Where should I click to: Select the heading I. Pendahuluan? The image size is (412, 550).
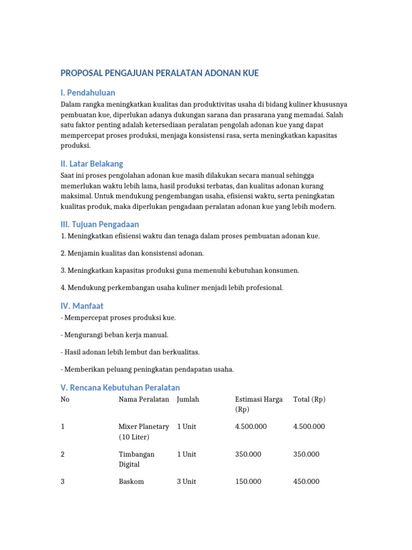click(x=87, y=92)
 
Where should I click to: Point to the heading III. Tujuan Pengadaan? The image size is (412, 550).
click(x=100, y=224)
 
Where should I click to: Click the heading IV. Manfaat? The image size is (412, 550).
click(x=82, y=306)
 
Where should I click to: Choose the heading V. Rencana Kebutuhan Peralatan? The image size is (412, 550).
click(x=120, y=387)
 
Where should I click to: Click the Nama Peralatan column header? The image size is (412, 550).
click(x=144, y=399)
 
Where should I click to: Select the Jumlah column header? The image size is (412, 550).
click(x=188, y=399)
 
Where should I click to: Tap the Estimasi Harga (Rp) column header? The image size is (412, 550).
click(x=259, y=404)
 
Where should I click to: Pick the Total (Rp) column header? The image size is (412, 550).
click(x=310, y=399)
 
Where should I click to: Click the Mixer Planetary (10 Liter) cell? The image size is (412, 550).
click(x=143, y=432)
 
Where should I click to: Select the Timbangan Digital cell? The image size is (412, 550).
click(x=136, y=459)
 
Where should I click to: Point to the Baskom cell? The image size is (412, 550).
click(x=131, y=482)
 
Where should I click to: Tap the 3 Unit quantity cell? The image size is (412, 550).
click(x=187, y=482)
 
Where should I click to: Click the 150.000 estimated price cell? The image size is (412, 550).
click(x=248, y=482)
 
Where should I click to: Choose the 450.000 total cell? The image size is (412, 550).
click(x=306, y=482)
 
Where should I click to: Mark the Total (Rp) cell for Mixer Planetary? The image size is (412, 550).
click(x=309, y=426)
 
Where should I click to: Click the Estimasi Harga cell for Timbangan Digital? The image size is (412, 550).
click(x=248, y=454)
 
